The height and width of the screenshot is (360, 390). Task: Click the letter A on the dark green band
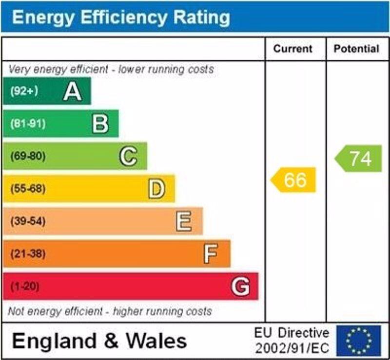pyautogui.click(x=72, y=91)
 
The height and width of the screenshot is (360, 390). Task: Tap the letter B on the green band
pyautogui.click(x=100, y=124)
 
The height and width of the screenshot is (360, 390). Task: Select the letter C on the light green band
pyautogui.click(x=128, y=156)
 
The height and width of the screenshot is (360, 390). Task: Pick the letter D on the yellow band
pyautogui.click(x=156, y=189)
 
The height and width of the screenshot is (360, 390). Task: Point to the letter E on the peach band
pyautogui.click(x=184, y=221)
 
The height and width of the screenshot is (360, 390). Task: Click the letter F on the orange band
pyautogui.click(x=211, y=254)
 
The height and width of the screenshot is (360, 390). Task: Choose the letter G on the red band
pyautogui.click(x=240, y=287)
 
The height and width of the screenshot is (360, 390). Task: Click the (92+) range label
pyautogui.click(x=24, y=91)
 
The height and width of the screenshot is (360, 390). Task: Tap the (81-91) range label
pyautogui.click(x=27, y=124)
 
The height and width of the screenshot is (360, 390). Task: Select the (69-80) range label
pyautogui.click(x=27, y=157)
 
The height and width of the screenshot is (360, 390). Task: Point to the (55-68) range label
pyautogui.click(x=27, y=189)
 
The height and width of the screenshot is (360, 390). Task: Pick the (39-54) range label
pyautogui.click(x=27, y=221)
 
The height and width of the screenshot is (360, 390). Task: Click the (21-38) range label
pyautogui.click(x=27, y=254)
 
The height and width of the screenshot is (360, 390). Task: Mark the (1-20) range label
pyautogui.click(x=24, y=287)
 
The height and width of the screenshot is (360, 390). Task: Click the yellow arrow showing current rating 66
pyautogui.click(x=294, y=180)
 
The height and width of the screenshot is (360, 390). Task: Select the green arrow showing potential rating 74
pyautogui.click(x=359, y=159)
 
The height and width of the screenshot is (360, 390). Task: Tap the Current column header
pyautogui.click(x=292, y=49)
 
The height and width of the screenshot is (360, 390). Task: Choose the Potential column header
pyautogui.click(x=356, y=49)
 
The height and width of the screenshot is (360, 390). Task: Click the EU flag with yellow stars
pyautogui.click(x=358, y=341)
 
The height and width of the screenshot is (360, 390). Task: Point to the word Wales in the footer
pyautogui.click(x=156, y=341)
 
